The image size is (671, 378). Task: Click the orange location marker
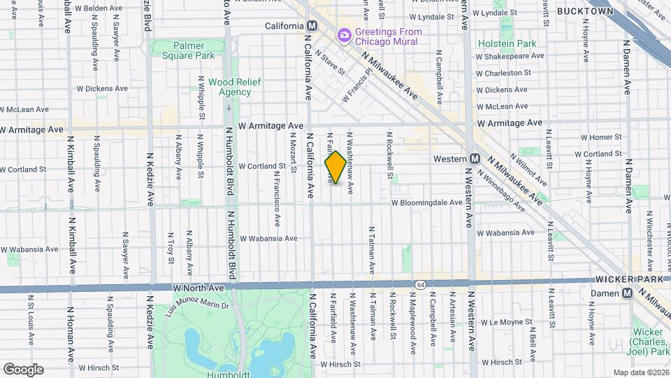tap(335, 167)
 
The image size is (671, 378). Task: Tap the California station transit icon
tap(312, 25)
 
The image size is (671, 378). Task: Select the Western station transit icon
tap(475, 159)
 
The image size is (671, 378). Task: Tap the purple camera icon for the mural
tap(343, 34)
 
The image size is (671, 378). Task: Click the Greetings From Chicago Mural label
tap(386, 36)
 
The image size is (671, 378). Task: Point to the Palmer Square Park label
tap(184, 50)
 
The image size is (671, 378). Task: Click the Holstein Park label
tap(507, 43)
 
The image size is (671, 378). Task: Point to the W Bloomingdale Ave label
tap(426, 202)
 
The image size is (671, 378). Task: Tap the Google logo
tap(23, 369)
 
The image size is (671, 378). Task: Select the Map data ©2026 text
tap(641, 372)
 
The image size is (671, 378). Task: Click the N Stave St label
tap(329, 62)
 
